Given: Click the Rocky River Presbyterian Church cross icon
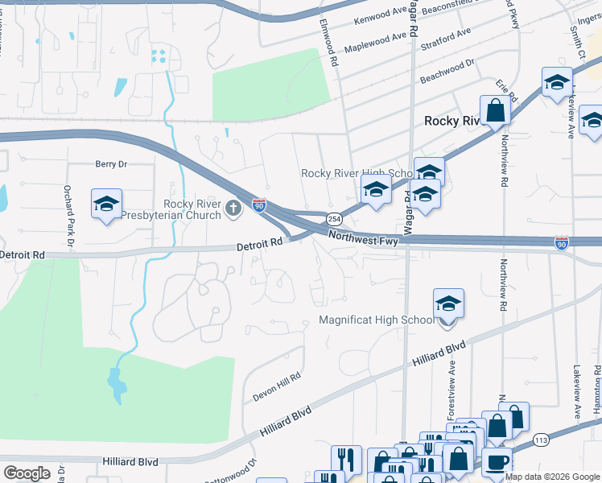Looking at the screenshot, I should [233, 209].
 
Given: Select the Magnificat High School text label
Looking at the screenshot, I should [377, 320].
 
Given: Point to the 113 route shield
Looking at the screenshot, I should [541, 440].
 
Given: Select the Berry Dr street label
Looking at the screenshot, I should [111, 164].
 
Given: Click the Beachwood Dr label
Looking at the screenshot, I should [447, 71].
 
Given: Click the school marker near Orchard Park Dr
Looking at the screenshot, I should [105, 205].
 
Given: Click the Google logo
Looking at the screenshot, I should [26, 473].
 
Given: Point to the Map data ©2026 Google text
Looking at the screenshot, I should [552, 477].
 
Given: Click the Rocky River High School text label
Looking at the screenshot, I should [357, 173].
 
